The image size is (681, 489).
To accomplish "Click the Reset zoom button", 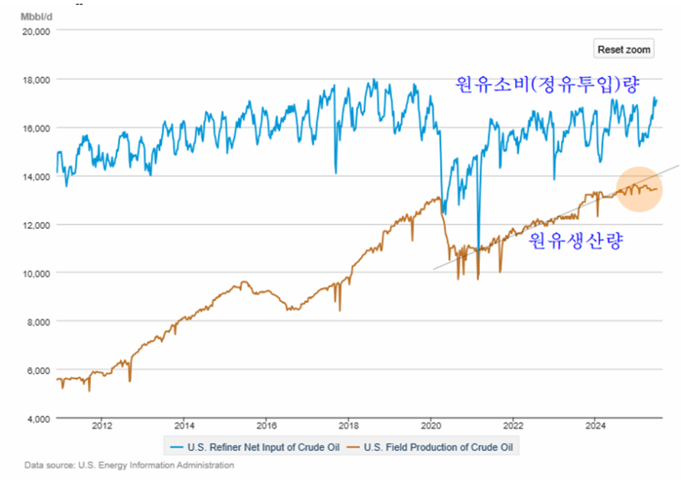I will coord(624,49).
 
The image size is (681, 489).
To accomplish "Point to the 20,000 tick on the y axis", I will coord(34,31).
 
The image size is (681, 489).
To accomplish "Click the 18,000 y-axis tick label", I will coord(34,80).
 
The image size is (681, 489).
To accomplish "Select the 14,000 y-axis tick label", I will coord(34,177).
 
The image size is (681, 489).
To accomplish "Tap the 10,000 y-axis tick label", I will coord(34,273).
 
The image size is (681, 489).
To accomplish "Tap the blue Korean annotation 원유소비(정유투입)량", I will coord(546,83).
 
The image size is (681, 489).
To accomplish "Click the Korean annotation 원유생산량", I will coord(576,241).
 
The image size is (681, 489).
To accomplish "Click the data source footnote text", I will coord(129,465).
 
